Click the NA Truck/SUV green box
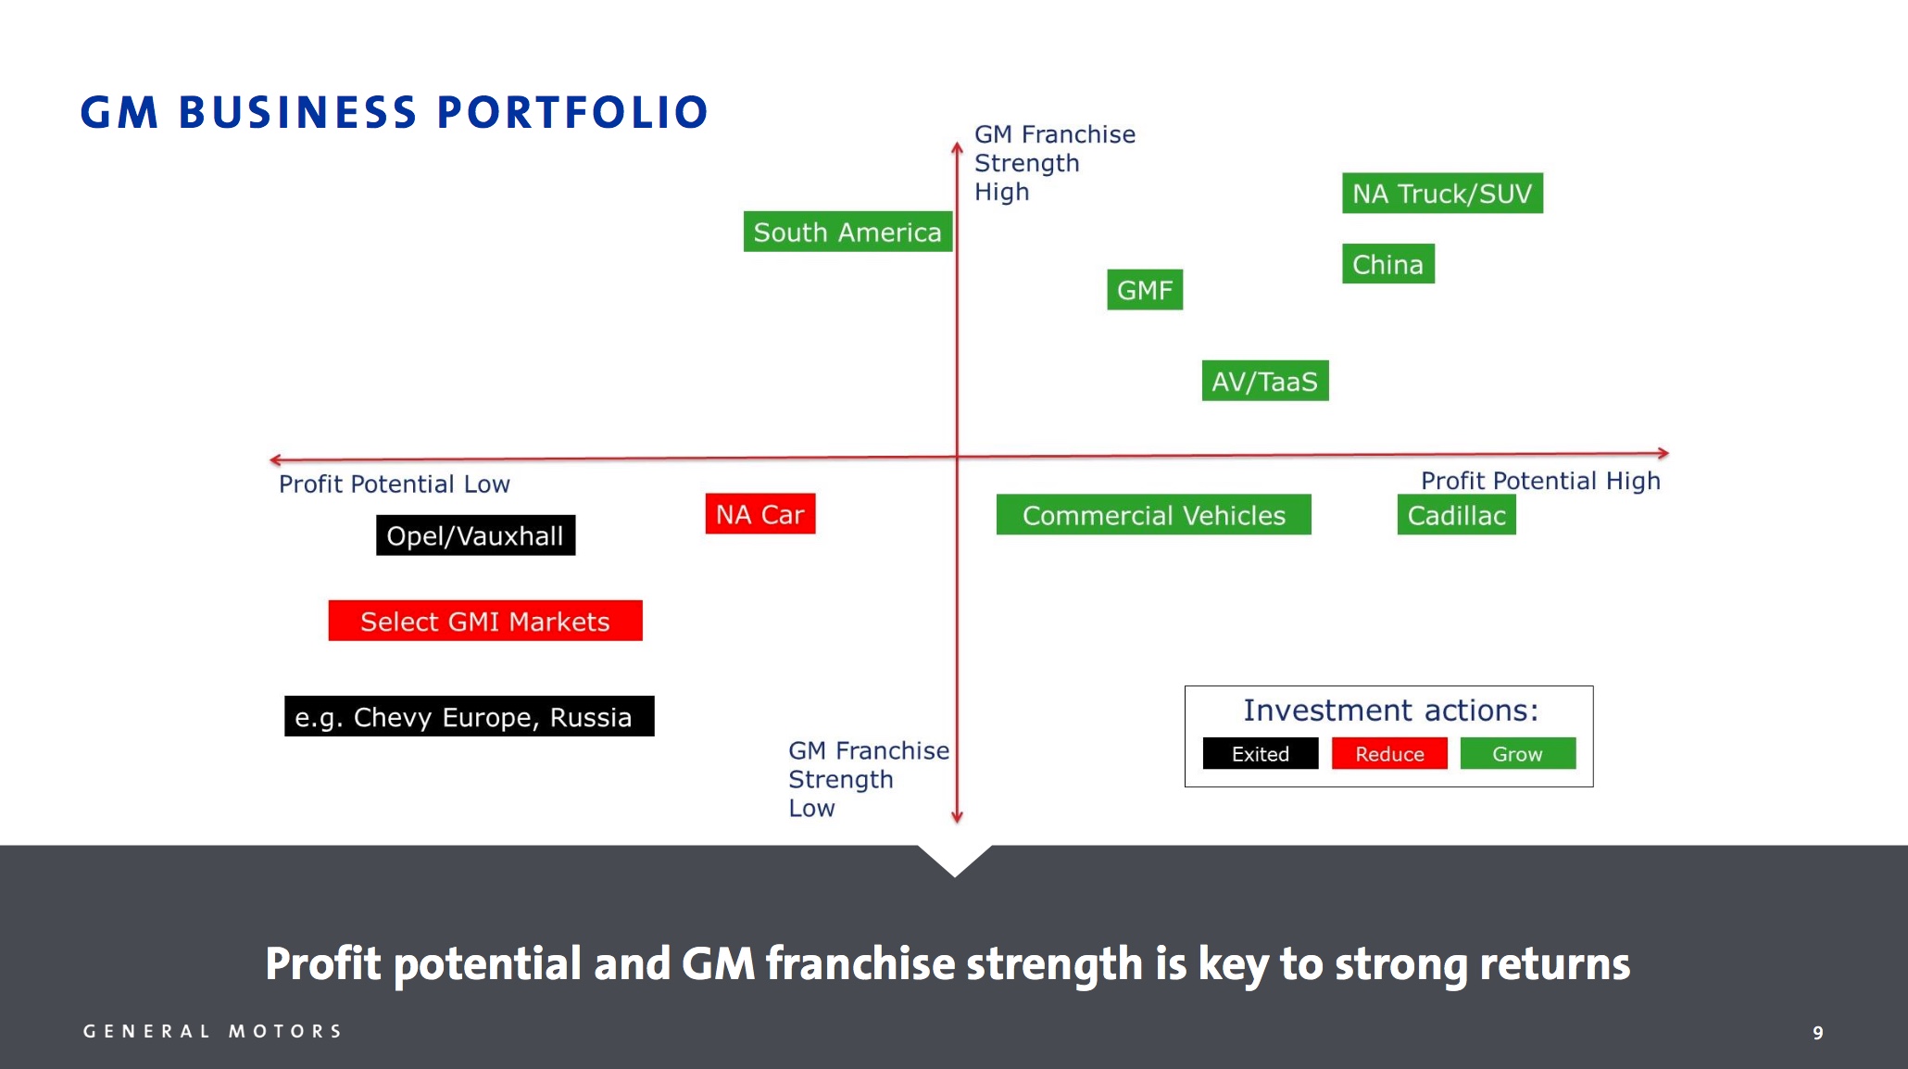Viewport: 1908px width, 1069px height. (x=1442, y=194)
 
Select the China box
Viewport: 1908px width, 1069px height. (x=1387, y=264)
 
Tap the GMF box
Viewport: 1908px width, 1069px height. (x=1144, y=290)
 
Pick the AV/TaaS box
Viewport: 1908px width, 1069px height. (x=1264, y=381)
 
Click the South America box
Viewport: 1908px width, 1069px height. (x=847, y=232)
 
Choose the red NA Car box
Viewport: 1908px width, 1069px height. (x=759, y=514)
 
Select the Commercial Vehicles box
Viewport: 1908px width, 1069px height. (x=1153, y=515)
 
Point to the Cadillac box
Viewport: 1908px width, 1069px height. (x=1456, y=515)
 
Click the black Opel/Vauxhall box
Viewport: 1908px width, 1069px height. (x=475, y=535)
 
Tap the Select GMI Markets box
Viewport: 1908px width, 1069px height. (x=484, y=621)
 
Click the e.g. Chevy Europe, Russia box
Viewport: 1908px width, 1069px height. (x=469, y=716)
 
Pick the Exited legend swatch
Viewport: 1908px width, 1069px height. (x=1260, y=753)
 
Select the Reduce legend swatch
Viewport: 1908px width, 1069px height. (x=1389, y=753)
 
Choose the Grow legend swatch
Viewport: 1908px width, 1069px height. (x=1517, y=753)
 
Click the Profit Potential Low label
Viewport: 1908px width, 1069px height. (x=394, y=484)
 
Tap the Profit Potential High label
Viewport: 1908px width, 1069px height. (x=1540, y=480)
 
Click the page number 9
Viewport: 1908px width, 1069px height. (x=1818, y=1032)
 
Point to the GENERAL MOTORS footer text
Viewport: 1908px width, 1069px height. (x=213, y=1031)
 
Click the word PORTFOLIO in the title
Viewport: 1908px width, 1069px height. (x=571, y=112)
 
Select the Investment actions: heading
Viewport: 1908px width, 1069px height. (x=1390, y=710)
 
